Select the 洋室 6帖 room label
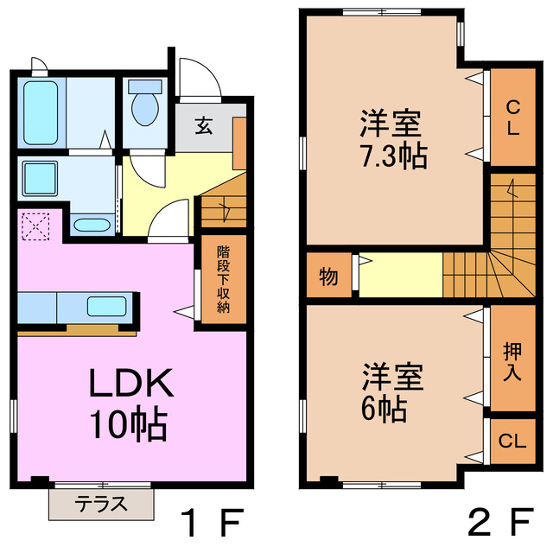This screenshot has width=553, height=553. click(391, 393)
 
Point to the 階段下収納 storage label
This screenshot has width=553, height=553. click(223, 280)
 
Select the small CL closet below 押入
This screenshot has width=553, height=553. click(512, 442)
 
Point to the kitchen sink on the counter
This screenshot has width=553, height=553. click(105, 306)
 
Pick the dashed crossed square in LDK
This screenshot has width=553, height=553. click(36, 227)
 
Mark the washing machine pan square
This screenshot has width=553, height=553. click(41, 179)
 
